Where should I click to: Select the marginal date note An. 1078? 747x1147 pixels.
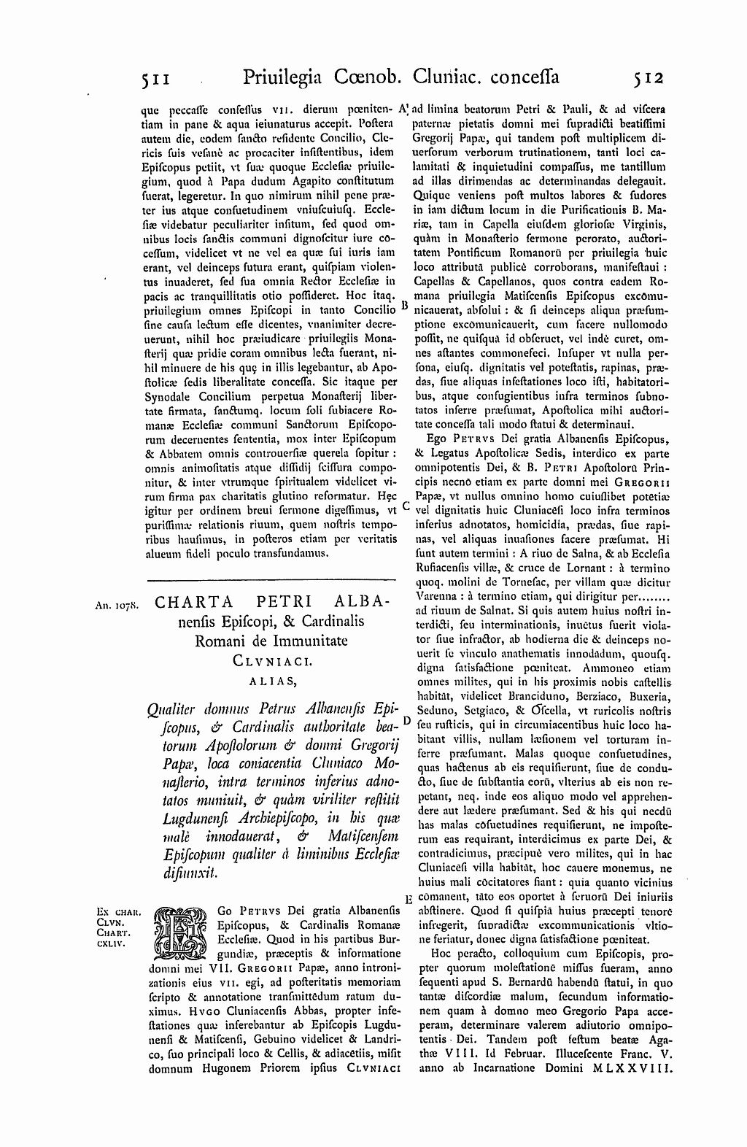pos(116,605)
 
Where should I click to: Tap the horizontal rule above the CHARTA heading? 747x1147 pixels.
pos(271,580)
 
